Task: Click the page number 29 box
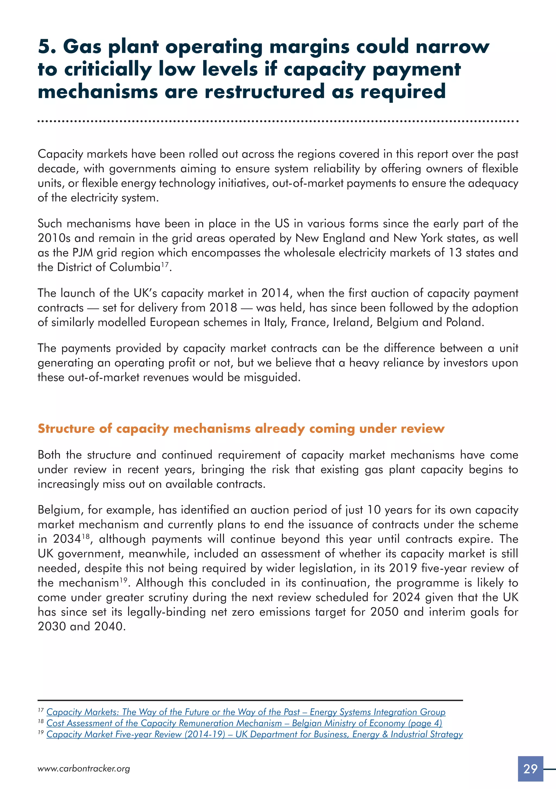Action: coord(530,768)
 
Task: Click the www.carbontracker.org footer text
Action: coord(84,768)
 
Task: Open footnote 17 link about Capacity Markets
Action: coord(246,712)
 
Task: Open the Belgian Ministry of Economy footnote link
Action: coord(244,723)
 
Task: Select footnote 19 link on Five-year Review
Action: coord(254,734)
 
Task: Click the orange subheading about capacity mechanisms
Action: coord(241,428)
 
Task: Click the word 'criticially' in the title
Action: coord(108,69)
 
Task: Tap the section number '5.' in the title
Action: coord(47,46)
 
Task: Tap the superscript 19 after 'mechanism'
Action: coord(123,580)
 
